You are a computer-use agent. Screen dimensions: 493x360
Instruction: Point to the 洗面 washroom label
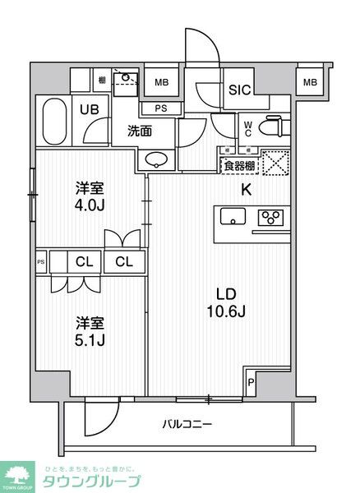[x=139, y=130]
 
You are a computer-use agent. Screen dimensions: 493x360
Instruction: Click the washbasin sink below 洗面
[x=157, y=159]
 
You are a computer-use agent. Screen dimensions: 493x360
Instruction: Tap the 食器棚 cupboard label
[x=238, y=164]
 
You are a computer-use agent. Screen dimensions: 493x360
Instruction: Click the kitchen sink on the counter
[x=234, y=218]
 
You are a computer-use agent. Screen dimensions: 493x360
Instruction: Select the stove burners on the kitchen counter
[x=268, y=218]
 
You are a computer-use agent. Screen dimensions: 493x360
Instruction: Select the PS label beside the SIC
[x=161, y=108]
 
